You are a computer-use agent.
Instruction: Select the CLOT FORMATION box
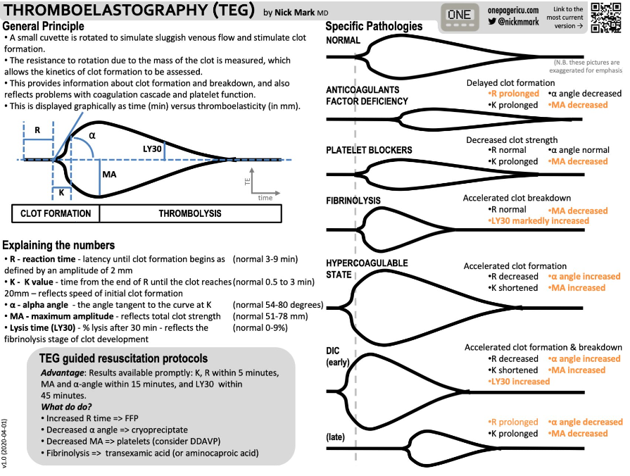pyautogui.click(x=56, y=213)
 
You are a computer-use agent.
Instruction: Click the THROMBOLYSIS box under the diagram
pyautogui.click(x=190, y=213)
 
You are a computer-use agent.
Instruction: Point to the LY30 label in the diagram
pyautogui.click(x=153, y=149)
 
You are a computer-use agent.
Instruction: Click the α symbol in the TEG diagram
pyautogui.click(x=92, y=134)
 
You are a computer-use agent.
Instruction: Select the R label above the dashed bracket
pyautogui.click(x=37, y=130)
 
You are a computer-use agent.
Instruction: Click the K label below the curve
pyautogui.click(x=61, y=192)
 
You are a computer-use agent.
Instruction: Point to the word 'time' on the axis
pyautogui.click(x=265, y=198)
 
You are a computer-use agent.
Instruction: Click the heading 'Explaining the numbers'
pyautogui.click(x=58, y=246)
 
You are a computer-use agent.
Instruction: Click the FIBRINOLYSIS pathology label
pyautogui.click(x=353, y=201)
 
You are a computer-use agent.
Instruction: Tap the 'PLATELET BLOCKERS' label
pyautogui.click(x=370, y=150)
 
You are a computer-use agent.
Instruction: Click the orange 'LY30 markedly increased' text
pyautogui.click(x=538, y=221)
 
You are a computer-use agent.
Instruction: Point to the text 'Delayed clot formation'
pyautogui.click(x=510, y=82)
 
